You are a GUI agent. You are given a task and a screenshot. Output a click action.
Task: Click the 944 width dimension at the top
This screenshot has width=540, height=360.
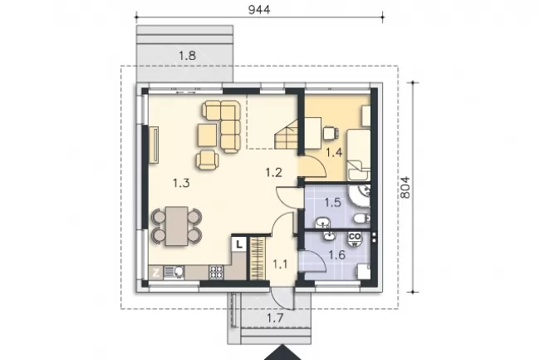click(259, 9)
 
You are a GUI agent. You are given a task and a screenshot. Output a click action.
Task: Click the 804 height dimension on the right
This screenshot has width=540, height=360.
click(405, 187)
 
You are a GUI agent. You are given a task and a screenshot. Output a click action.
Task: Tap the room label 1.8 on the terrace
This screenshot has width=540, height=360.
click(188, 56)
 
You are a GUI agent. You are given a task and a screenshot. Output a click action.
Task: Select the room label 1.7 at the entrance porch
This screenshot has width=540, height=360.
click(276, 318)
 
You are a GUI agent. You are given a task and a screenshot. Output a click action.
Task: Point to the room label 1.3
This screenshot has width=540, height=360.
click(181, 183)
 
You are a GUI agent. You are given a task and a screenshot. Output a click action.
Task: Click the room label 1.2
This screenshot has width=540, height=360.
click(274, 172)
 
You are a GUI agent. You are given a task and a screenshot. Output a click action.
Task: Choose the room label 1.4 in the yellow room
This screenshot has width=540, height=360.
click(334, 152)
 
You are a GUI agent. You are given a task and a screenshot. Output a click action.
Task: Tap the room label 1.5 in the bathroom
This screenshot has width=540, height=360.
click(332, 202)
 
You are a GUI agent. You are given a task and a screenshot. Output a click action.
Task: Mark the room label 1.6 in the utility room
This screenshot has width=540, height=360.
click(336, 255)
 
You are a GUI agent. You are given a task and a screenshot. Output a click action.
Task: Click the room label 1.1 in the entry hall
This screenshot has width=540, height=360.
click(280, 264)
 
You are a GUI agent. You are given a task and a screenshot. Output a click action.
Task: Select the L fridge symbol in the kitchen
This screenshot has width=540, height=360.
click(239, 244)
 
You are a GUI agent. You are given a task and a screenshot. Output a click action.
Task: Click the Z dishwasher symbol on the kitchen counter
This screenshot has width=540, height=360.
click(155, 273)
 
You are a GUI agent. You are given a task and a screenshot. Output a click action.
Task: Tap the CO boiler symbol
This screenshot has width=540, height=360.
click(355, 239)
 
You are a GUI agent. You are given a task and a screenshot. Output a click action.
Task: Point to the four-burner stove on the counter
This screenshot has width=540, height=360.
click(216, 272)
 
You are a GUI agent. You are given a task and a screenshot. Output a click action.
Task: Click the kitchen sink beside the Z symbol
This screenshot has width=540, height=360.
click(174, 273)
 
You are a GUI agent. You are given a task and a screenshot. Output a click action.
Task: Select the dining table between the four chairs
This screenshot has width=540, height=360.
click(177, 226)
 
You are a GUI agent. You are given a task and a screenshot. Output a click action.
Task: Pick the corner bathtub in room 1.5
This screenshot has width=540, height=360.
click(359, 196)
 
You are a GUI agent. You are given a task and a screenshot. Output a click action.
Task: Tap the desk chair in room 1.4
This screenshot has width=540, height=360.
click(331, 133)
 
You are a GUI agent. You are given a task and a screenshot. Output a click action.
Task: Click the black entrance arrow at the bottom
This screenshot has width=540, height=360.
click(282, 353)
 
